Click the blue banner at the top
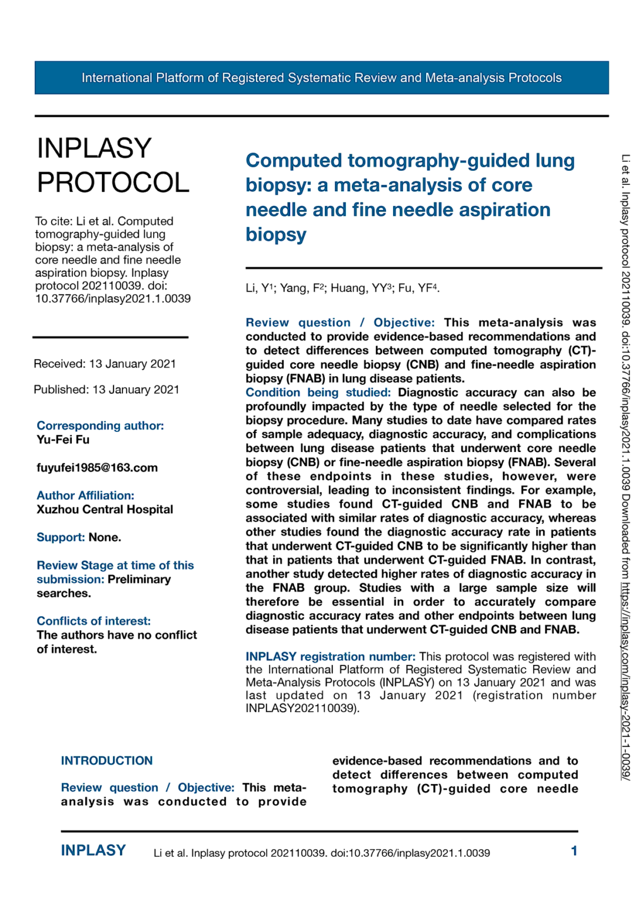point(321,78)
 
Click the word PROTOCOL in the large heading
point(113,182)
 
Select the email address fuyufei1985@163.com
point(97,468)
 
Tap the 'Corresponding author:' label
point(100,426)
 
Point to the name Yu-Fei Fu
point(63,440)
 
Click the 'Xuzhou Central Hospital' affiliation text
point(105,510)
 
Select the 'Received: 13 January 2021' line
point(105,364)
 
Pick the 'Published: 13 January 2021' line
point(106,390)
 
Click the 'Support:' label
point(61,537)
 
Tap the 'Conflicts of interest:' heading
point(94,621)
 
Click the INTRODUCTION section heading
point(106,760)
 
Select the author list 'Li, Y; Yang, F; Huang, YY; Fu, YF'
point(342,288)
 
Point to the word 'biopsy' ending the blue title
point(276,234)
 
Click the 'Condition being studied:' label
point(318,393)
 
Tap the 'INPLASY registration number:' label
point(330,656)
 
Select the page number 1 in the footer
point(574,851)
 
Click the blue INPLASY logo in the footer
point(93,850)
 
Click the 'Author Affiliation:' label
point(85,496)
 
